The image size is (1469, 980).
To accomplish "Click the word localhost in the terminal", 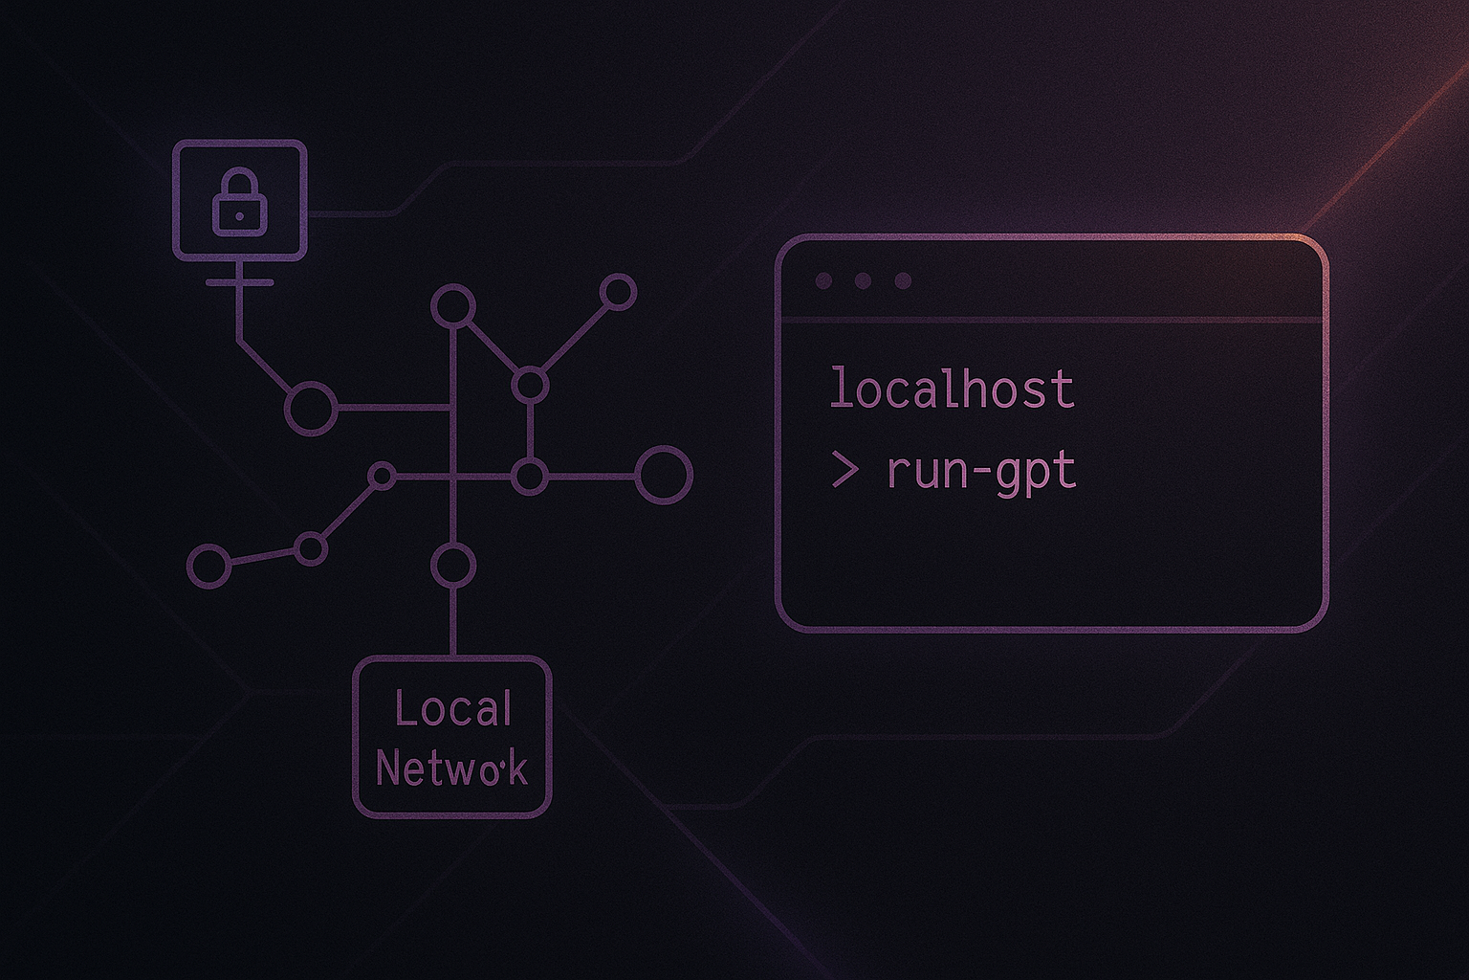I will pyautogui.click(x=952, y=390).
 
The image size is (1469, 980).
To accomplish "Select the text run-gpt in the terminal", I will pyautogui.click(x=981, y=472).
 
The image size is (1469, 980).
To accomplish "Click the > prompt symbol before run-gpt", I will pyautogui.click(x=844, y=471).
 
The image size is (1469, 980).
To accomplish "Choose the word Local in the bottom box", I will pyautogui.click(x=453, y=709).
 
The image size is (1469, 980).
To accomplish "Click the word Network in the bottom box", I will pyautogui.click(x=451, y=768).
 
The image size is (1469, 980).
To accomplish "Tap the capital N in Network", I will pyautogui.click(x=386, y=768).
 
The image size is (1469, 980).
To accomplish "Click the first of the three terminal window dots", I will pyautogui.click(x=822, y=281).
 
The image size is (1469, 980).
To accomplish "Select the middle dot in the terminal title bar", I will pyautogui.click(x=863, y=281).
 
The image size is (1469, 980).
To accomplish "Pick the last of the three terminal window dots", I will pyautogui.click(x=903, y=281).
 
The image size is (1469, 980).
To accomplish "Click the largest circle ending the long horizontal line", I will pyautogui.click(x=664, y=475).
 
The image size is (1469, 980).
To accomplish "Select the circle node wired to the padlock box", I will pyautogui.click(x=311, y=408).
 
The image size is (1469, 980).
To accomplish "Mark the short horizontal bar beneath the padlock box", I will pyautogui.click(x=239, y=282).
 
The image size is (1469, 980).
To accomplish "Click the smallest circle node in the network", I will pyautogui.click(x=382, y=476).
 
